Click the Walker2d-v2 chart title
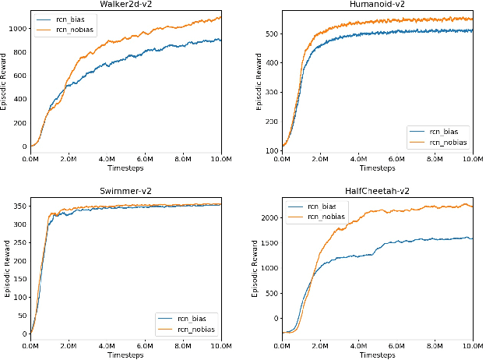125,4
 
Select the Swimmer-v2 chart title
125,191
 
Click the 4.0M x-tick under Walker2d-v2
107,158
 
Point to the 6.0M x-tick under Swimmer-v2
145,345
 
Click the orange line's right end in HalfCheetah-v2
473,206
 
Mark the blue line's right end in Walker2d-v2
221,40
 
